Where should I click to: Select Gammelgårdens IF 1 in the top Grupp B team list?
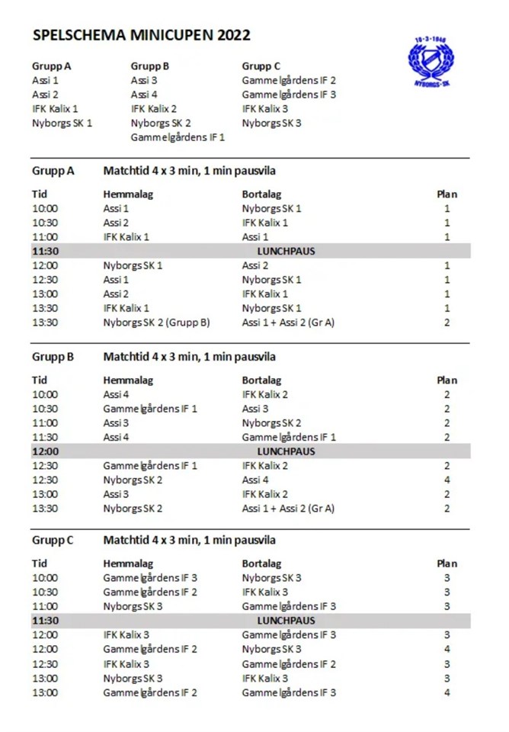pyautogui.click(x=178, y=137)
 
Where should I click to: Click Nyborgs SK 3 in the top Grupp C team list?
pyautogui.click(x=271, y=123)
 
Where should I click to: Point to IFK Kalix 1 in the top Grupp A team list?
pyautogui.click(x=55, y=108)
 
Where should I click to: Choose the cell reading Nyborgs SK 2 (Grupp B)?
pyautogui.click(x=156, y=323)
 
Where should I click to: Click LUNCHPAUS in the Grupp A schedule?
pyautogui.click(x=290, y=251)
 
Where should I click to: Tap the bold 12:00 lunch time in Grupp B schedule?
pyautogui.click(x=46, y=451)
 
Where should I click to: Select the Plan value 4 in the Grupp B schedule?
pyautogui.click(x=447, y=480)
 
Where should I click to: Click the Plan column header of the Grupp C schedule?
pyautogui.click(x=447, y=563)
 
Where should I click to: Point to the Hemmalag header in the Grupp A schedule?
pyautogui.click(x=128, y=194)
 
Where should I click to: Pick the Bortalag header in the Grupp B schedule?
pyautogui.click(x=261, y=380)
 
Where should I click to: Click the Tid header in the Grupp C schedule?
pyautogui.click(x=40, y=563)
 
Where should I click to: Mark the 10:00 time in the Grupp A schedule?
pyautogui.click(x=45, y=208)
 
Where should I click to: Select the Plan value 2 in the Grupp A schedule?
pyautogui.click(x=447, y=323)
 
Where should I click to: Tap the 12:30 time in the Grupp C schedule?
pyautogui.click(x=45, y=664)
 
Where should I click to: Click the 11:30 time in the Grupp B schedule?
pyautogui.click(x=45, y=437)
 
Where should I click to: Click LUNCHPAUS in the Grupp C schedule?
pyautogui.click(x=290, y=621)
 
